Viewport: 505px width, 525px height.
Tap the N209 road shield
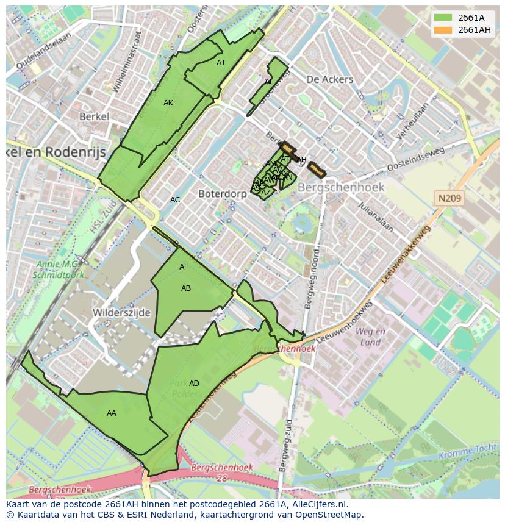tap(449, 198)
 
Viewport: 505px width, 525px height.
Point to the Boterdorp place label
tap(222, 193)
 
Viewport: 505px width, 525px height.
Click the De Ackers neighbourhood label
tap(329, 79)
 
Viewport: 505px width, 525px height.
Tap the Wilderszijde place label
tap(121, 312)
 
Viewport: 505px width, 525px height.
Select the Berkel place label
tap(94, 116)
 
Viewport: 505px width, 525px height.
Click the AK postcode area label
tap(168, 103)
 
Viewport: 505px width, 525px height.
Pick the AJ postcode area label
tap(220, 62)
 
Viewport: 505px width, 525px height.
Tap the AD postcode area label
tap(194, 384)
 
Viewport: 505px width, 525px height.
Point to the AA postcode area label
tap(112, 413)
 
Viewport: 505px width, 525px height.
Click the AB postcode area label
tap(186, 288)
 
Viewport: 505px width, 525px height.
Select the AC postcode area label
tap(175, 200)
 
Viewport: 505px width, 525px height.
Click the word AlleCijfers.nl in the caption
tap(318, 504)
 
